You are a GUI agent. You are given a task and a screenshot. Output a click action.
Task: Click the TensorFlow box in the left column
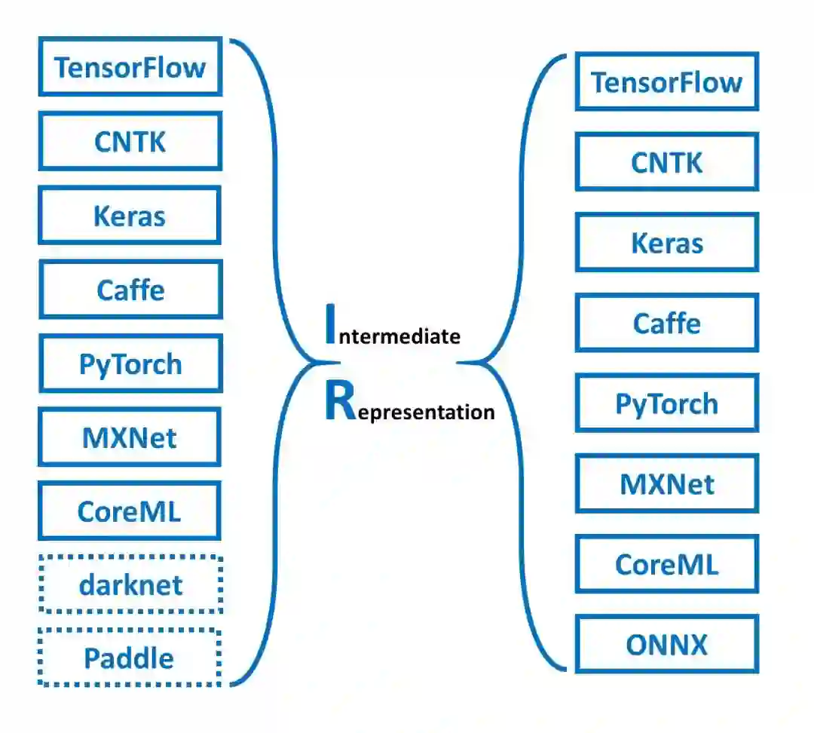(130, 67)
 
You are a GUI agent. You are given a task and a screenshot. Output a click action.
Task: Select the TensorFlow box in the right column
(666, 82)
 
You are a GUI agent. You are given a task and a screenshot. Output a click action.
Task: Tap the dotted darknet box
(130, 584)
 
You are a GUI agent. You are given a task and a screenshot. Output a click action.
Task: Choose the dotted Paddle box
(130, 658)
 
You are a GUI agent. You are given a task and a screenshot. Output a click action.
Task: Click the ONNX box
(666, 644)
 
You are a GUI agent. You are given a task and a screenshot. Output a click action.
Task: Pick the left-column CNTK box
(130, 141)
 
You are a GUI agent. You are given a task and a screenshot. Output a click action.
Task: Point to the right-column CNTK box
(666, 162)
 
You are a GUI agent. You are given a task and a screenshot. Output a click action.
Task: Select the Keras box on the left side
(130, 216)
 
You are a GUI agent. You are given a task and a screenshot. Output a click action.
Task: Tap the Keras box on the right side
(666, 243)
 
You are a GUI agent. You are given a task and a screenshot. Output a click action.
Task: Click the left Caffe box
(130, 290)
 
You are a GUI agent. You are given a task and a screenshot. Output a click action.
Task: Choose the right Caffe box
(666, 323)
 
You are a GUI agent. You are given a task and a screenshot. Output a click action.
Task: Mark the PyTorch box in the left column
(130, 363)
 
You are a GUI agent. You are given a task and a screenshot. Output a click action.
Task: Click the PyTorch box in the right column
(666, 403)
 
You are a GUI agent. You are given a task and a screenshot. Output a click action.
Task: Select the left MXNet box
(130, 437)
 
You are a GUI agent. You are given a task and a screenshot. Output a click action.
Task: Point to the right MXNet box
(666, 483)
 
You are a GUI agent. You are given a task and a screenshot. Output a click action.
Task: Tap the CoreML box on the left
(130, 511)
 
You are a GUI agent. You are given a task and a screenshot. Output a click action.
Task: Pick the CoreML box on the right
(666, 564)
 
